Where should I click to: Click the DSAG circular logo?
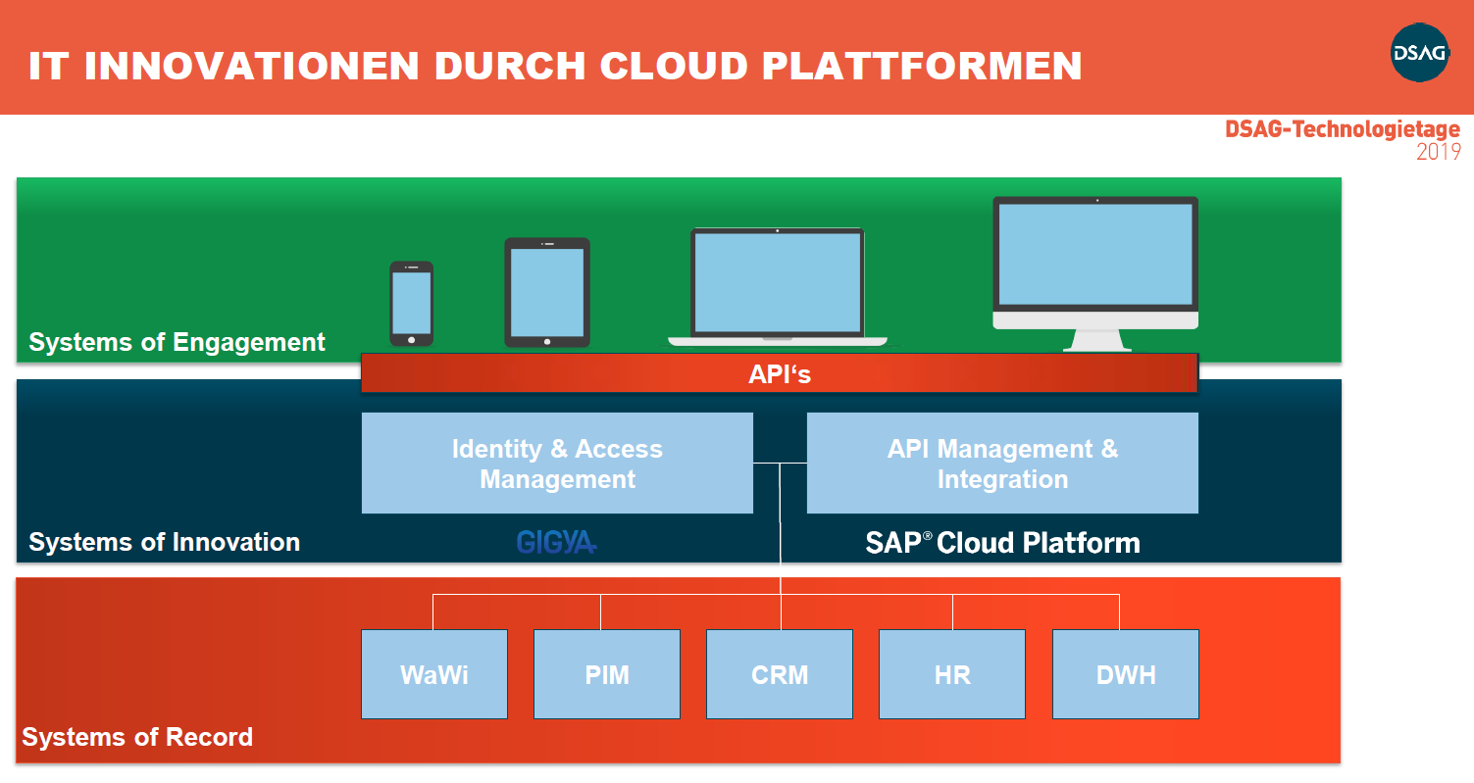(1419, 53)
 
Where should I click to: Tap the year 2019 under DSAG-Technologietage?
(1438, 152)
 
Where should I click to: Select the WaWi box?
(434, 674)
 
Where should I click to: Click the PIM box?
(607, 674)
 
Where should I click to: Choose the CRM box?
(780, 674)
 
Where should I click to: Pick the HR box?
(952, 674)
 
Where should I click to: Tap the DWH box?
(1126, 674)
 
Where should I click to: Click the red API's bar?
(780, 373)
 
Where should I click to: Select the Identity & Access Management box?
(557, 464)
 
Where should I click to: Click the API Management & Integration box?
(1002, 464)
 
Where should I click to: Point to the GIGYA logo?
(556, 542)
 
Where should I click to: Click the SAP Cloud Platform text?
(1002, 543)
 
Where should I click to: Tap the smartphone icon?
(411, 304)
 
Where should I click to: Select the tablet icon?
(547, 292)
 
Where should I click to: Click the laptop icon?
(778, 286)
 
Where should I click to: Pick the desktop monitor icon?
(1095, 269)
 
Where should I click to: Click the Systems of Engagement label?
(177, 342)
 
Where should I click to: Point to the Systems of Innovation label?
(164, 542)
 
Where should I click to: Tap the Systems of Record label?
(137, 737)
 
